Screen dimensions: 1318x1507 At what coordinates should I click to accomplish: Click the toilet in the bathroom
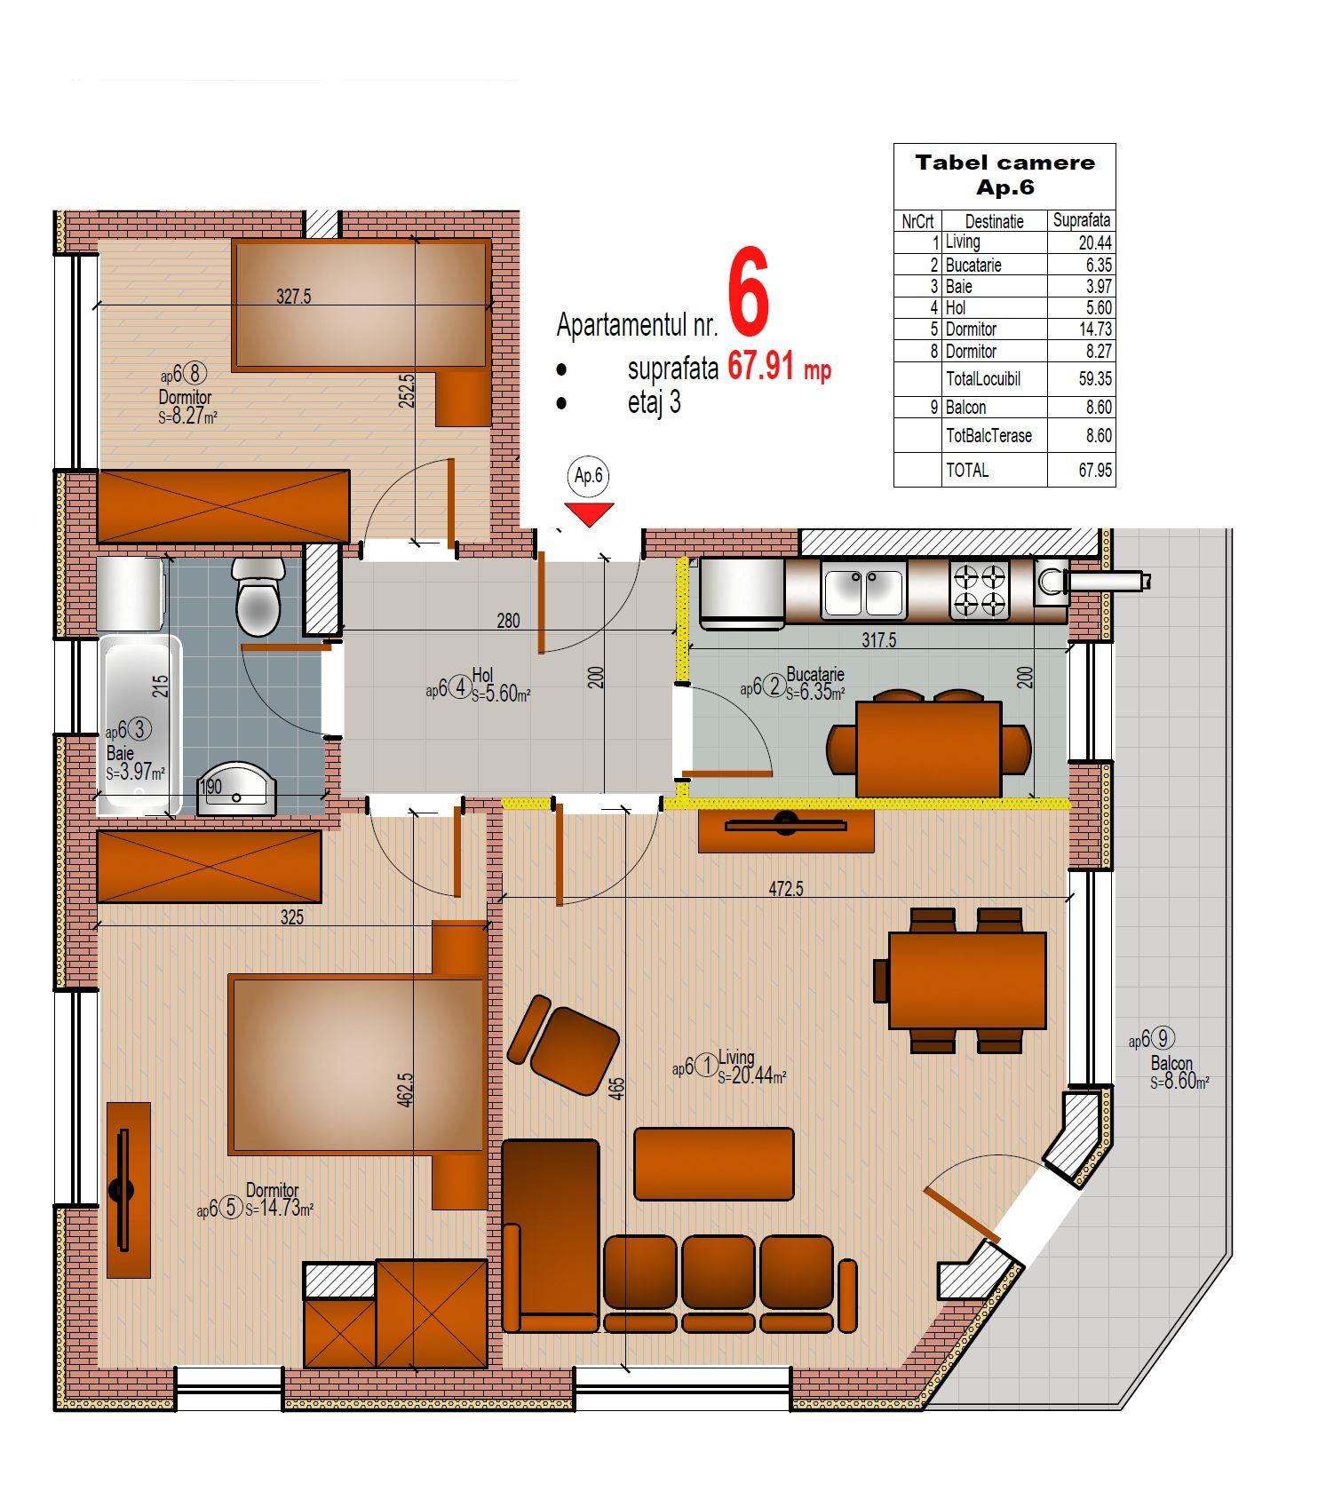pos(258,596)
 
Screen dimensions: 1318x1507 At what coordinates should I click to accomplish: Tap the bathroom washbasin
pos(236,789)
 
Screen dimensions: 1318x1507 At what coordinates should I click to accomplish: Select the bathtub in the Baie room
pos(139,724)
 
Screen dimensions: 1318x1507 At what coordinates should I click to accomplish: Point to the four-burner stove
pos(980,591)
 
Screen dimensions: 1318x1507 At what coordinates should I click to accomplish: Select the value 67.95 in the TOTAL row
pos(1095,471)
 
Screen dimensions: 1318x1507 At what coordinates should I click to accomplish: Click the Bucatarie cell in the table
pos(973,265)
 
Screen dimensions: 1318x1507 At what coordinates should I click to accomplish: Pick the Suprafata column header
pos(1081,220)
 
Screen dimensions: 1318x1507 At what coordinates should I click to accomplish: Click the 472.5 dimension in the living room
pos(786,889)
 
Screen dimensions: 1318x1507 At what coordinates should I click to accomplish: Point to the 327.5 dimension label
pos(293,297)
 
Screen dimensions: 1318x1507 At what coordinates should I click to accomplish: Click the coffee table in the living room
pos(714,1163)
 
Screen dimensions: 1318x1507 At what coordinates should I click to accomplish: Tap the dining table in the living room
pos(967,980)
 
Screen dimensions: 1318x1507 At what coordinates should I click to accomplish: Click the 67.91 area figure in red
pos(760,365)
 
